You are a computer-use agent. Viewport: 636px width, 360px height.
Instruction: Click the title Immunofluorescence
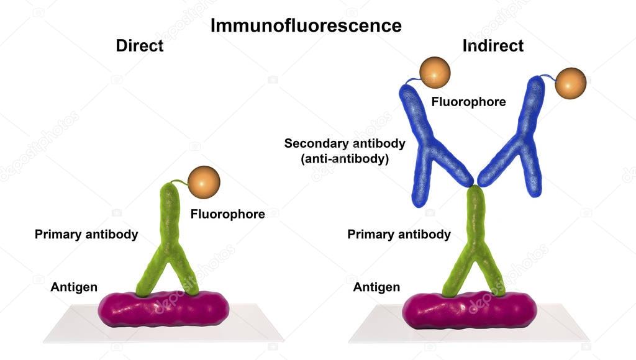306,25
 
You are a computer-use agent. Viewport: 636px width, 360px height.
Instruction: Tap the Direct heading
140,46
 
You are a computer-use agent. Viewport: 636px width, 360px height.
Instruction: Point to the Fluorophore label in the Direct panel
228,214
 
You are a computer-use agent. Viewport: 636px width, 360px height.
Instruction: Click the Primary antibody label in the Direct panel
86,235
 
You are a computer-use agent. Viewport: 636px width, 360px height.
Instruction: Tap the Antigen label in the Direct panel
74,287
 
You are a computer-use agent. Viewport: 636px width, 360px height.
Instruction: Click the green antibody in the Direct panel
169,236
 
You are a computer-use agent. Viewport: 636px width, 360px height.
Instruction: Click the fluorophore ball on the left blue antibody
435,72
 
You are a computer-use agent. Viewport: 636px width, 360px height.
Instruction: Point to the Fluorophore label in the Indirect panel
469,102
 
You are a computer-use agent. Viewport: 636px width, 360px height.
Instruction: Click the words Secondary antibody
345,143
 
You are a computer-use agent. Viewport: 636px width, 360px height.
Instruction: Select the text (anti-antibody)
345,158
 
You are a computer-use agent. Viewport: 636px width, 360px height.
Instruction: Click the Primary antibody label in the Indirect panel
399,235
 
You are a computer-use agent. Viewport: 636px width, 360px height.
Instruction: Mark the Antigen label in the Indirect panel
376,287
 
